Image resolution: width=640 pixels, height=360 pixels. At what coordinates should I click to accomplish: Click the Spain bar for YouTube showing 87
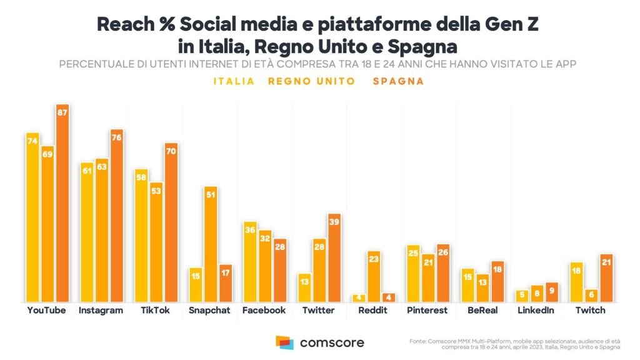coord(62,203)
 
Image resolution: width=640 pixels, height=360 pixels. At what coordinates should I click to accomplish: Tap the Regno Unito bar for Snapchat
coord(211,244)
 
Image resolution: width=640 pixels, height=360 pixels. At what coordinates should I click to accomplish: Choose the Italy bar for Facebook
coord(250,262)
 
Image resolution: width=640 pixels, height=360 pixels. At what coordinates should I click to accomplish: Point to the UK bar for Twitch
coord(591,295)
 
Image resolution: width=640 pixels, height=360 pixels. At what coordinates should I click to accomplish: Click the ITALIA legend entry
coord(234,81)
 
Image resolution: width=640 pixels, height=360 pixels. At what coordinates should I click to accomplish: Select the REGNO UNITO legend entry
coord(311,81)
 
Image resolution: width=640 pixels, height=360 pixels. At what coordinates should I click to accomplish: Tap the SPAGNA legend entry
coord(398,81)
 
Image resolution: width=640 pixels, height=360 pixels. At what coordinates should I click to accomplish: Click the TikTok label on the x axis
coord(156,310)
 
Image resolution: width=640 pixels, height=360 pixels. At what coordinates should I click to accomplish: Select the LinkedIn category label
coord(536,310)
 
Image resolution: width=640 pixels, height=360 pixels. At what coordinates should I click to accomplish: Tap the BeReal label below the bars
coord(482,310)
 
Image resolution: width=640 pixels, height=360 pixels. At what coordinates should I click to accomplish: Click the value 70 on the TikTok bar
coord(171,151)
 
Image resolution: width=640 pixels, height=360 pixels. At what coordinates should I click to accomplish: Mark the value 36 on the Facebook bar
coord(250,229)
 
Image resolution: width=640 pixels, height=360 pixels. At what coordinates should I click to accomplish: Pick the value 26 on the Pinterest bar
coord(443,252)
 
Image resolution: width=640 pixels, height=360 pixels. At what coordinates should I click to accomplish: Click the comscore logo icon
coord(284,342)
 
